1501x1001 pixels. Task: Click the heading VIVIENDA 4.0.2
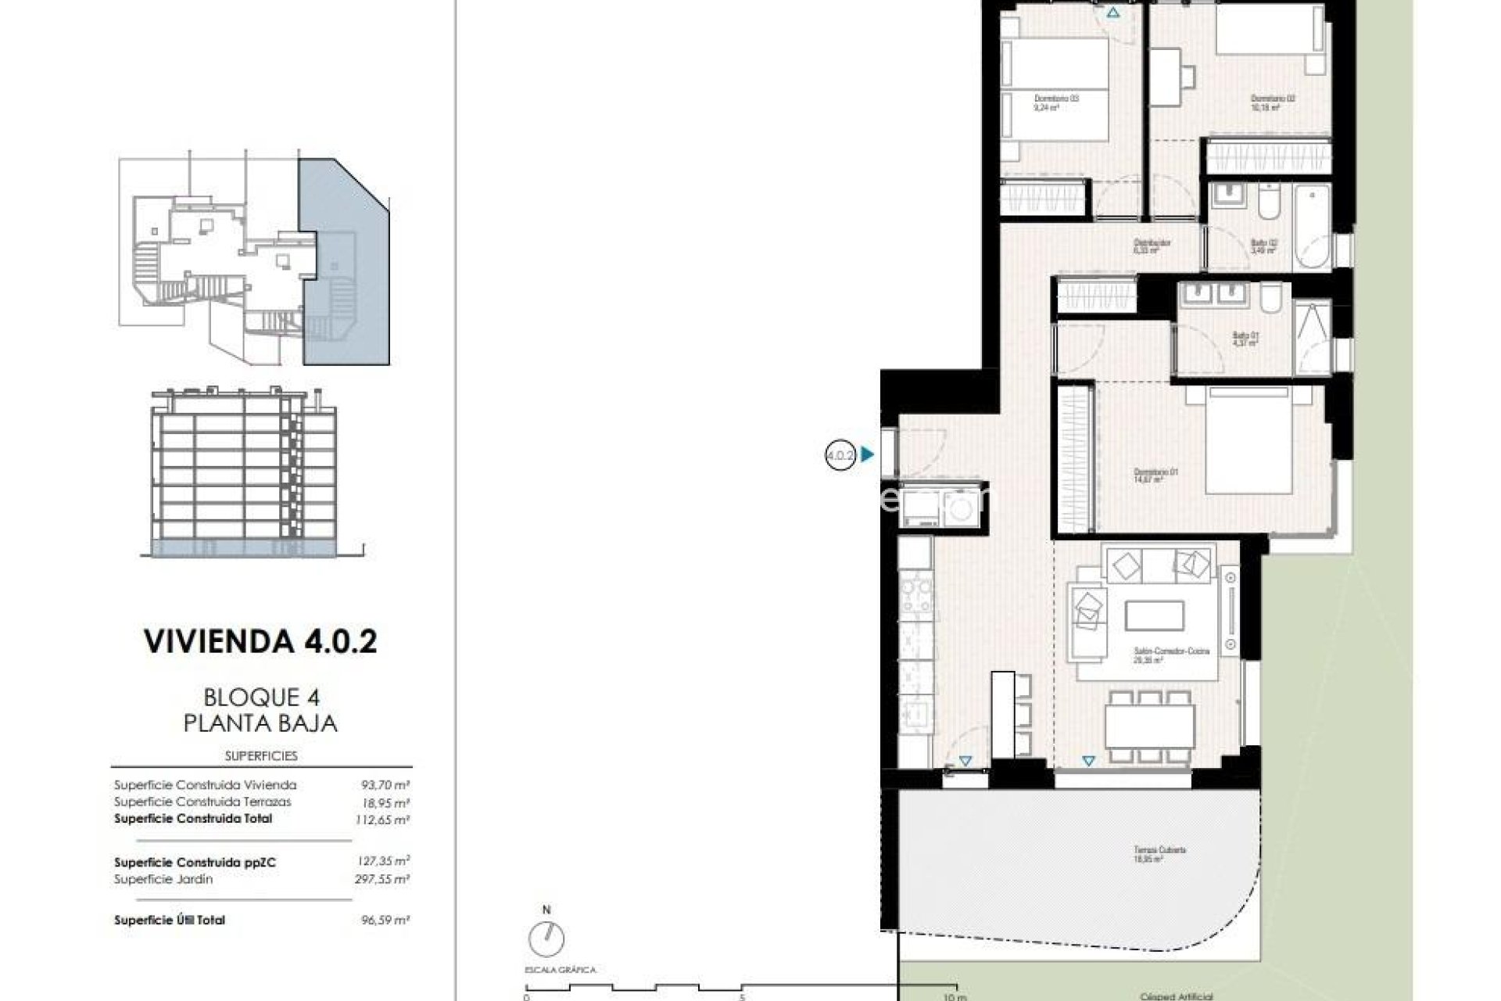coord(260,641)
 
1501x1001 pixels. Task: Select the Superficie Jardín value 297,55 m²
coord(382,879)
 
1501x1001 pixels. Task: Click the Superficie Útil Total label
coord(170,920)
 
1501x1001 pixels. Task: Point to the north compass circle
coord(546,938)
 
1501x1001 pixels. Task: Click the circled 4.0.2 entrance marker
coord(840,454)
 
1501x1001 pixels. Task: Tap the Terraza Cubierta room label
coord(1160,853)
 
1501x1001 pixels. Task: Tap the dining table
coord(1149,727)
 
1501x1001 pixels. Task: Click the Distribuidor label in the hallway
coord(1152,246)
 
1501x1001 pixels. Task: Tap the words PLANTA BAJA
coord(260,723)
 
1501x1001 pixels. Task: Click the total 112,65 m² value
coord(382,820)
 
